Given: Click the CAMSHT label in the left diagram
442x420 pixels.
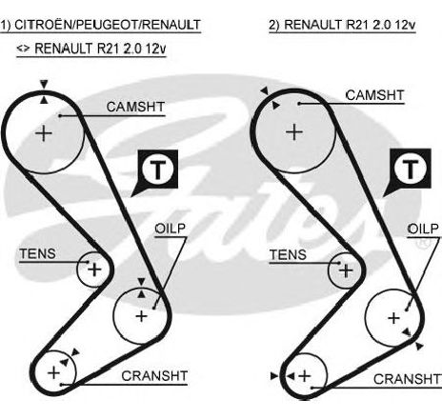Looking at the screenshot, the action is click(x=135, y=107).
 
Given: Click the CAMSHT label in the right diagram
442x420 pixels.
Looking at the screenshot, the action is click(x=375, y=95).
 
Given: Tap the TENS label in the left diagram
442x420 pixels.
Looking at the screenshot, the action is click(x=37, y=253).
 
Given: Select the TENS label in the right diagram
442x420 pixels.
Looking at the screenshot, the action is click(x=288, y=254).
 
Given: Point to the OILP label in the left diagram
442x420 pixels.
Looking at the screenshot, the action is click(x=171, y=229).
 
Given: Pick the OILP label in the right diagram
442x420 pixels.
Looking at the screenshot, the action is click(x=423, y=229).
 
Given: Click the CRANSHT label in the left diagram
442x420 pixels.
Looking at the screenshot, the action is click(x=154, y=376).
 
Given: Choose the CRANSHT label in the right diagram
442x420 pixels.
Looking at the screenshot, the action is click(x=408, y=379).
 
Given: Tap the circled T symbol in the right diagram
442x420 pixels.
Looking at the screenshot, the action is click(x=411, y=169).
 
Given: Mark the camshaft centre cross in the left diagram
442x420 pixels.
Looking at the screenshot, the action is click(x=44, y=133).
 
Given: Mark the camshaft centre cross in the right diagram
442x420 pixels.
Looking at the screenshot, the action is click(x=294, y=132).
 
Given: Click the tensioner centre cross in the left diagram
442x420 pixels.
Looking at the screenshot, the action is click(x=94, y=270).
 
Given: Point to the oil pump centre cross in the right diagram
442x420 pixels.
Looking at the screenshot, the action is click(x=393, y=318).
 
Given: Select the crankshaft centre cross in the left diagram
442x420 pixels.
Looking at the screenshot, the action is click(x=53, y=372).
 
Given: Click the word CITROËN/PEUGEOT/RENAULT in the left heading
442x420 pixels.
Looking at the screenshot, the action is click(x=108, y=25).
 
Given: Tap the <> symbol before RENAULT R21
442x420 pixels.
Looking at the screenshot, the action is click(x=23, y=49).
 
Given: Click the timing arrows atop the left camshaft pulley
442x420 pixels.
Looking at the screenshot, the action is click(x=44, y=91).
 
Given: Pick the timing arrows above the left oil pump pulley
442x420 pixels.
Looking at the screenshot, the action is click(x=141, y=288).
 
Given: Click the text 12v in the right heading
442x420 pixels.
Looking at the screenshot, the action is click(x=405, y=25).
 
